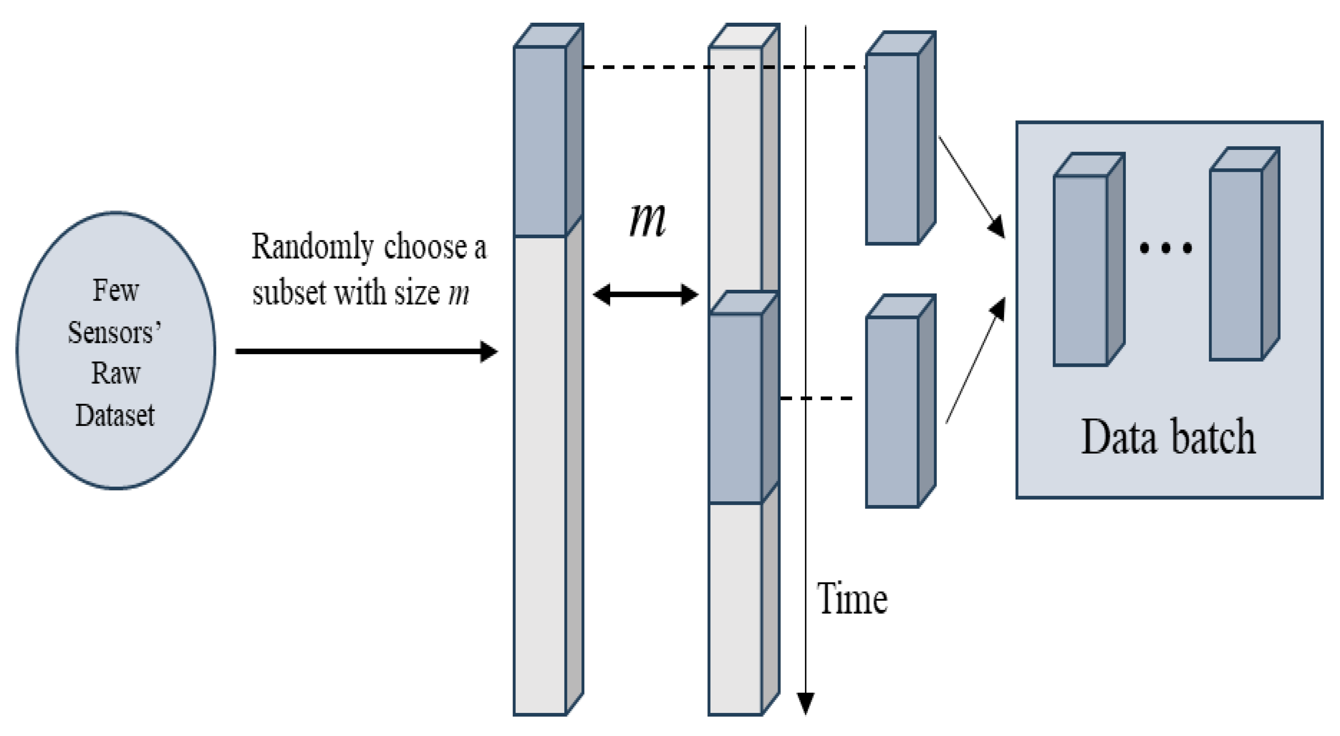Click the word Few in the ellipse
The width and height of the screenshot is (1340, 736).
coord(115,291)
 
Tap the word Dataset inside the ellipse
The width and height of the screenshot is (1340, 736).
coord(115,415)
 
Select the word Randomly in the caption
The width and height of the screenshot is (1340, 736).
coord(312,247)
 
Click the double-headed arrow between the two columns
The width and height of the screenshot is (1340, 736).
coord(646,295)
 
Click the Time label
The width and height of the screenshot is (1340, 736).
coord(852,599)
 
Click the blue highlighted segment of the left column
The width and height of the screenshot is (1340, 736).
coord(540,141)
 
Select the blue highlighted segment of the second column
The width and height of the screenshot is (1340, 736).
coord(735,408)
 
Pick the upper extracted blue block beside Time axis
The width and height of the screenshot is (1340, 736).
coord(893,148)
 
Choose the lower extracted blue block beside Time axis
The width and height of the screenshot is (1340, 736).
coord(893,411)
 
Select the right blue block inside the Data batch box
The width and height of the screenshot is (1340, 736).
coord(1236,263)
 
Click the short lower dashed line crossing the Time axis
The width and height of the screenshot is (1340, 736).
coord(817,398)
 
